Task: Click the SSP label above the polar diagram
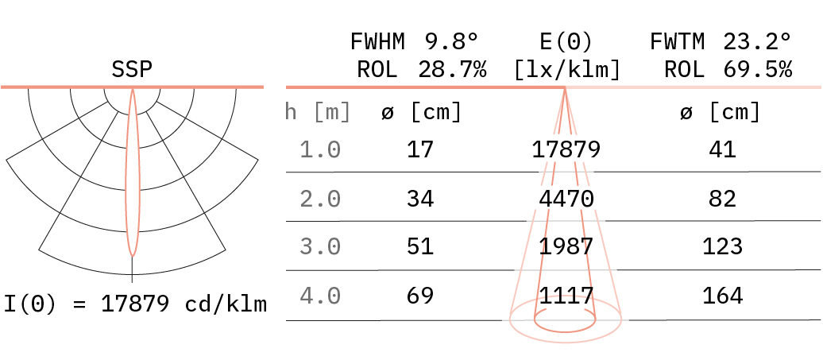point(132,70)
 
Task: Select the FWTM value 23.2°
point(757,41)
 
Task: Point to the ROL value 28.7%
point(452,70)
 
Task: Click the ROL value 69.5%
point(757,70)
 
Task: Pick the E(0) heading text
point(566,41)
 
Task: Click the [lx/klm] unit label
point(567,70)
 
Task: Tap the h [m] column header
point(318,112)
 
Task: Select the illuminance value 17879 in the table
point(566,150)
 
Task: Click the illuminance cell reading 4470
point(566,199)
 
